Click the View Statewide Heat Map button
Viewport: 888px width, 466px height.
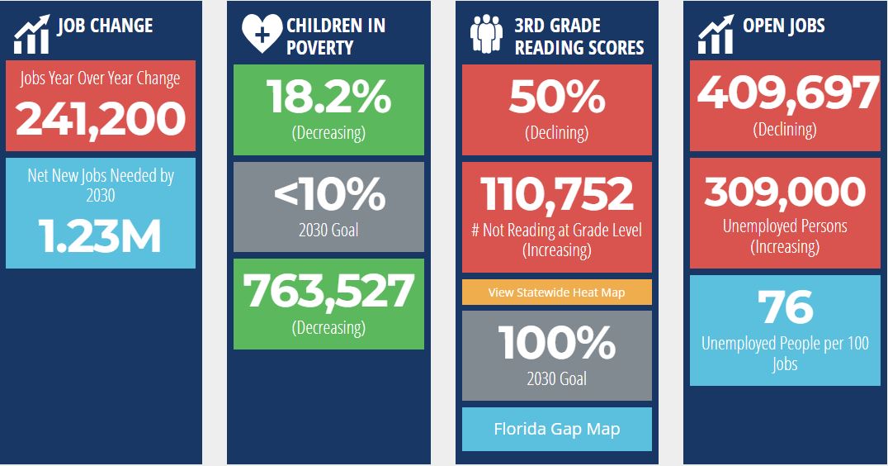[556, 292]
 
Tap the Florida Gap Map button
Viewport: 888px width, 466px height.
[556, 430]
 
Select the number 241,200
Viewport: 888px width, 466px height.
[101, 118]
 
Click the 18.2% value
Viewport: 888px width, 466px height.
[328, 97]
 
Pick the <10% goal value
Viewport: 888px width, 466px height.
[328, 195]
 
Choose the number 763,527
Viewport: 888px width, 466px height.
[328, 291]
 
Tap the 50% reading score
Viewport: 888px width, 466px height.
[556, 97]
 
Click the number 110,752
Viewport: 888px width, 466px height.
[556, 195]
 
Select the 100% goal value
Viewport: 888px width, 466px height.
[556, 342]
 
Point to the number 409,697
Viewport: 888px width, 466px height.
[786, 94]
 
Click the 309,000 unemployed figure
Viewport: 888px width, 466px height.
[786, 193]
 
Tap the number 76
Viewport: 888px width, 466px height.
[786, 307]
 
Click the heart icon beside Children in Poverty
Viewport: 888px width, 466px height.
[262, 34]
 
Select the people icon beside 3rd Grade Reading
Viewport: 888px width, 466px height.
[487, 34]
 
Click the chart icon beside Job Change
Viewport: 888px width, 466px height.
[31, 34]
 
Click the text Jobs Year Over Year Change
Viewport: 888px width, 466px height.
[101, 79]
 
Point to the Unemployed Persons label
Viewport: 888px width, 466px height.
[786, 226]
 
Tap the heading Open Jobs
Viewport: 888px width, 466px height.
[783, 26]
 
